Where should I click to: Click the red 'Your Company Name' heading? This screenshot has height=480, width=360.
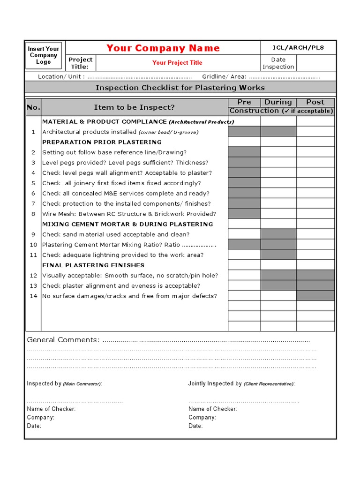tap(163, 48)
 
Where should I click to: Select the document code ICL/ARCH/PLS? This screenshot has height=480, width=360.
tap(298, 47)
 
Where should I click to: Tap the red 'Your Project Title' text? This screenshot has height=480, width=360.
tap(177, 63)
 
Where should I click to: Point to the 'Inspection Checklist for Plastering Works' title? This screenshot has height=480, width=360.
tap(180, 88)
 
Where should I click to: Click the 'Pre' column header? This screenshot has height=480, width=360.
tap(244, 102)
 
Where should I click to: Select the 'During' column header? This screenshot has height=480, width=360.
tap(278, 102)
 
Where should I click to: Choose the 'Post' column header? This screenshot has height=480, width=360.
tap(315, 102)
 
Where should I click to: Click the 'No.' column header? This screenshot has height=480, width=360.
tap(34, 107)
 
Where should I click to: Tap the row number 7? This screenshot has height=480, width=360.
tap(33, 203)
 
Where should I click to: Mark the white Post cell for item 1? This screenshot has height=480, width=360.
tap(315, 132)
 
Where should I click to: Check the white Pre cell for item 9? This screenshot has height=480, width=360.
tap(244, 234)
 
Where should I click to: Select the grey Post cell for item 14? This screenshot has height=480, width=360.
tap(315, 296)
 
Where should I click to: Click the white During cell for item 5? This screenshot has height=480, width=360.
tap(278, 183)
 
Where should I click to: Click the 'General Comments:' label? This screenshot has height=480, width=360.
tap(63, 340)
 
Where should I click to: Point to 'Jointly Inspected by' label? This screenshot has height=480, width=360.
tap(215, 383)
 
